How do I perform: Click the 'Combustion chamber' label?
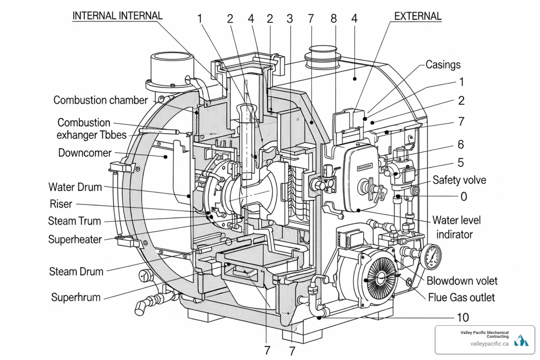(101, 100)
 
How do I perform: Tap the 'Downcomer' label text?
(85, 153)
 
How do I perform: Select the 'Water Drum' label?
(75, 187)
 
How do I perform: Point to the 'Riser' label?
(61, 204)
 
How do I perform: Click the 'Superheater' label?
(75, 239)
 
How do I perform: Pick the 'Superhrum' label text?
(76, 297)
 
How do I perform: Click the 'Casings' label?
(443, 65)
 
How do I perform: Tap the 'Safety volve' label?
(459, 180)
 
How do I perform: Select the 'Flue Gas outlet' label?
(461, 297)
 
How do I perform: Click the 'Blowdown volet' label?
(462, 281)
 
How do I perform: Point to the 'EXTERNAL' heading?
(418, 16)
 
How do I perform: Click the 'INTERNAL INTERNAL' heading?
(117, 16)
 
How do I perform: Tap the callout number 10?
(463, 317)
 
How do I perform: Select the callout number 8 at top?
(334, 19)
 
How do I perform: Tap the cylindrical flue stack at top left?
(172, 69)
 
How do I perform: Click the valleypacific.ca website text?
(489, 343)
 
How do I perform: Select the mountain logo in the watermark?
(521, 341)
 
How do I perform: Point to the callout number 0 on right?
(464, 197)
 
